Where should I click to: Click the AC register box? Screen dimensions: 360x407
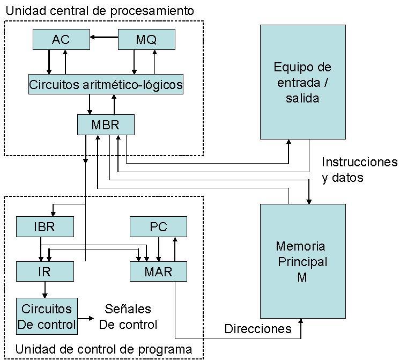(x=61, y=39)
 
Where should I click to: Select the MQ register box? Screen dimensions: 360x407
(x=146, y=39)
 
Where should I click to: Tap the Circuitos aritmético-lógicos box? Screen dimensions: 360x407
(x=106, y=84)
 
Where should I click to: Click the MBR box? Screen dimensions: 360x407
(x=105, y=124)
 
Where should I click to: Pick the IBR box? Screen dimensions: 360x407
(x=45, y=226)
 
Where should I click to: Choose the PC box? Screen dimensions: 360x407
(x=158, y=226)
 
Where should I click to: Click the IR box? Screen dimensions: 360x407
(x=45, y=271)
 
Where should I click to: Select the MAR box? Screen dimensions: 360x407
(x=158, y=271)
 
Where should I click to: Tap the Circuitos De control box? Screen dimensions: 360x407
(x=47, y=317)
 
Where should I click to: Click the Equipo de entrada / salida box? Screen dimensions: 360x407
(x=302, y=82)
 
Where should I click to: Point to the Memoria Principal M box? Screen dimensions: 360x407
(x=302, y=261)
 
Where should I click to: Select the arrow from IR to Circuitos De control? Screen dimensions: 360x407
(x=45, y=289)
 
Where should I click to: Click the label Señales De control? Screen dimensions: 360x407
(x=128, y=317)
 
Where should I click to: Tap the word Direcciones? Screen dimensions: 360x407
(x=258, y=329)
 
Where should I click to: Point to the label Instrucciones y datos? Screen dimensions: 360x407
(x=360, y=170)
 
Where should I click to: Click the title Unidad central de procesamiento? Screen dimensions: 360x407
(x=99, y=10)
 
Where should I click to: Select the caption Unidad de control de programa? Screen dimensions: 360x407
(x=103, y=349)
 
